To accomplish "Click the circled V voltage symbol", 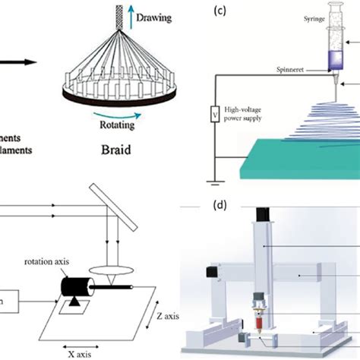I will [214, 115].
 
